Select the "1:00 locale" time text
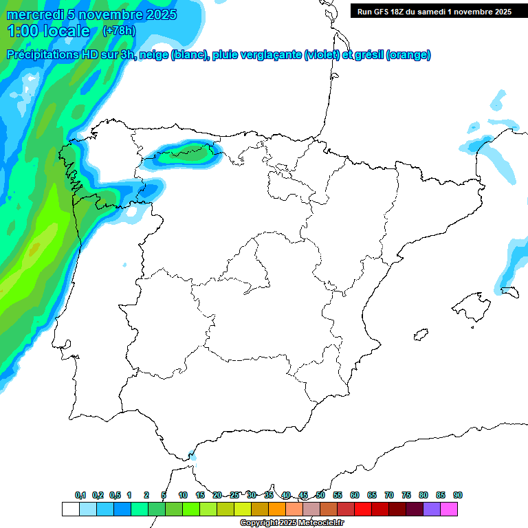(x=48, y=31)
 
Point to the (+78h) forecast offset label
(x=118, y=31)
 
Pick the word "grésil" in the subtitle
(x=368, y=55)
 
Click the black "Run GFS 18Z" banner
(x=434, y=11)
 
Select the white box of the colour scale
(x=70, y=509)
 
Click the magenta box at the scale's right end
(x=449, y=509)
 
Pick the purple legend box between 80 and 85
(x=432, y=509)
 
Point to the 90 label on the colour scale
(x=458, y=495)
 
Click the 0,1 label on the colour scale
(x=80, y=495)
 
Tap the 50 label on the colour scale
(x=320, y=495)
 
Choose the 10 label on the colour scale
(x=183, y=495)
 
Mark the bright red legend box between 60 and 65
(x=363, y=509)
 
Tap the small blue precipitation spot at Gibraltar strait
(x=192, y=456)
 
